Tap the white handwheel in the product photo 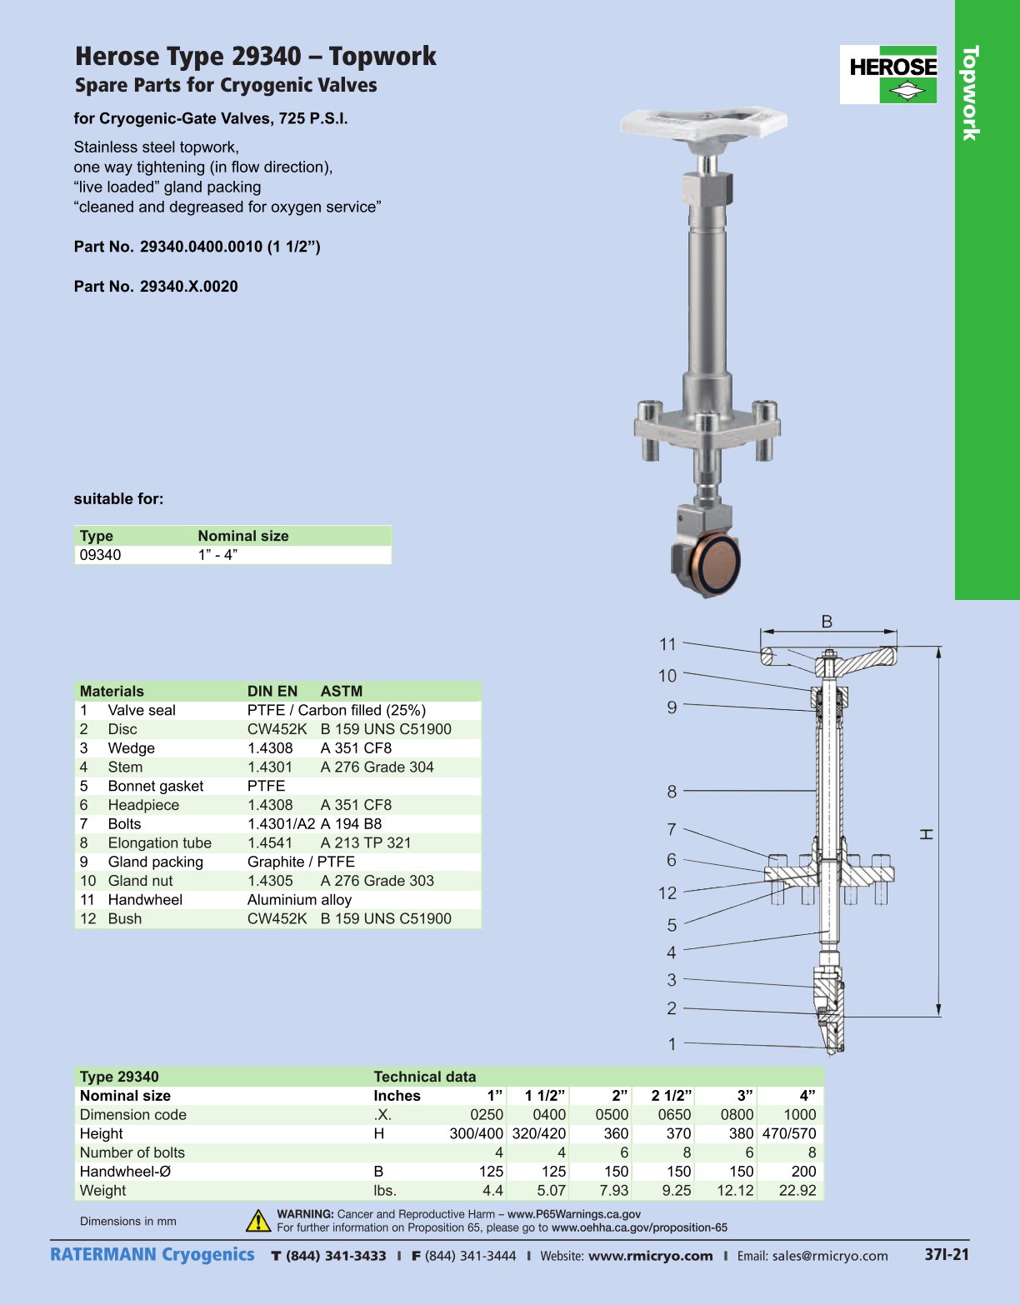(x=703, y=122)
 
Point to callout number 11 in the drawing (x=667, y=644)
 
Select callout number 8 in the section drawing (x=672, y=791)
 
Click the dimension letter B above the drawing (x=827, y=622)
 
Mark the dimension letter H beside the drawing (x=926, y=834)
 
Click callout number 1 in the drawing (x=672, y=1043)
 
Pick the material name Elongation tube (x=159, y=842)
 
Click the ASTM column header (x=341, y=691)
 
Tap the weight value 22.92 (x=797, y=1190)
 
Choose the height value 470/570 (x=788, y=1133)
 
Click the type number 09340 (x=100, y=555)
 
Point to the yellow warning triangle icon (x=258, y=1221)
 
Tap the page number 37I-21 (x=947, y=1254)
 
